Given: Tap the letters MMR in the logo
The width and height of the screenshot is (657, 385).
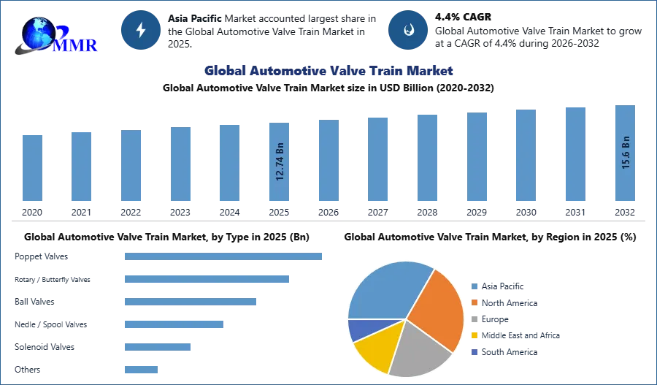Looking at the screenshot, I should pos(74,45).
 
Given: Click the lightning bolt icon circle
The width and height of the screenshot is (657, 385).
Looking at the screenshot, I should pos(140,30).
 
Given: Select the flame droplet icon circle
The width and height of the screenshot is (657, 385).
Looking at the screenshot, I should pos(408,30).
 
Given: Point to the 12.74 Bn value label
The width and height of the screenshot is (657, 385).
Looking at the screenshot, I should pos(280,161).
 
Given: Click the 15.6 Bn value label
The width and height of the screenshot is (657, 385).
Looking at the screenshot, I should pos(625,152).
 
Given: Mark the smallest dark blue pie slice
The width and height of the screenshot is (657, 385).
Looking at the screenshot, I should pos(358,329).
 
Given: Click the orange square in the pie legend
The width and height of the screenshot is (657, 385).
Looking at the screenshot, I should pos(474,303).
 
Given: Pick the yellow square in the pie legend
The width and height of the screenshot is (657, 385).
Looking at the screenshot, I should pos(474,335).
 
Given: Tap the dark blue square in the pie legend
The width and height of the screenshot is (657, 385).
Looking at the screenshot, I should pos(474,351).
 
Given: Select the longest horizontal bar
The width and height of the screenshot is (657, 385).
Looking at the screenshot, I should pos(224,257).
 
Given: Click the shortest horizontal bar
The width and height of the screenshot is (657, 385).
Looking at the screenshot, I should pos(140,368).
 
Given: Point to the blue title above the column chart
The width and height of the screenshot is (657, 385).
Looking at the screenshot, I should pos(329,71).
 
